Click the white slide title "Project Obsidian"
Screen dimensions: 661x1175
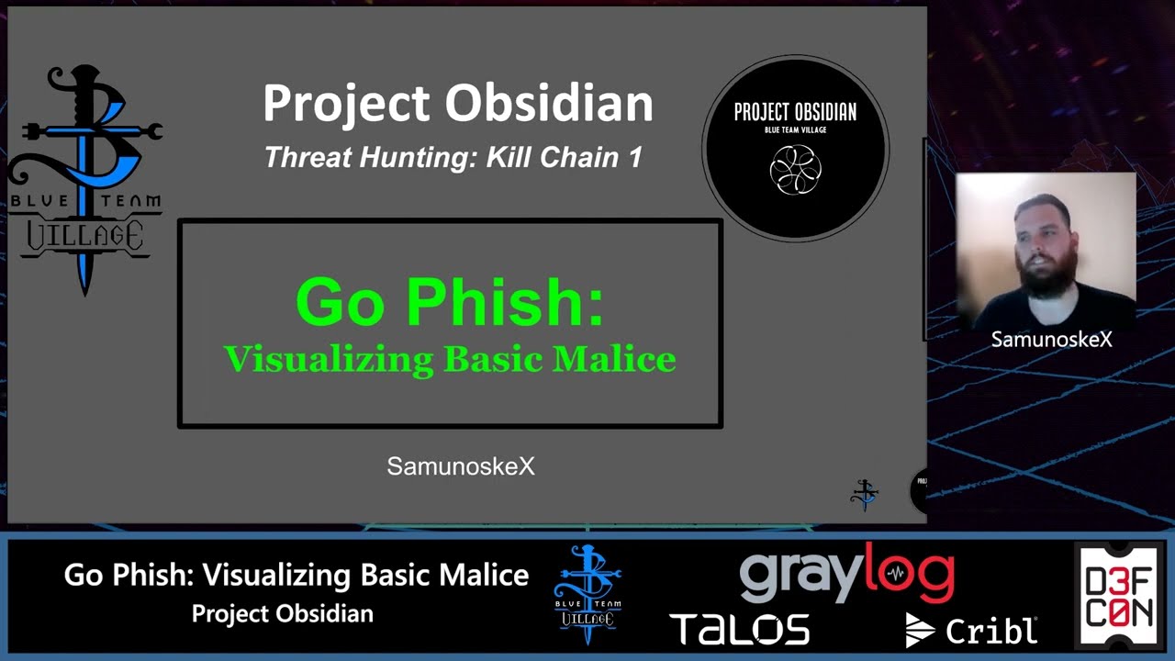click(x=457, y=103)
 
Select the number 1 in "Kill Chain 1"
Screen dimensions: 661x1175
click(x=633, y=157)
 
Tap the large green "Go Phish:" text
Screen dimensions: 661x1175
click(x=449, y=302)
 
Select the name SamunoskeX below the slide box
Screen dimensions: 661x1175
click(x=460, y=466)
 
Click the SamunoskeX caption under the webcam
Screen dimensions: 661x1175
click(x=1051, y=340)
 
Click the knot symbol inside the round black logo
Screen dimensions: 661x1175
click(x=795, y=170)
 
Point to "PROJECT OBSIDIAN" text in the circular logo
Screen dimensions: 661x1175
click(x=795, y=112)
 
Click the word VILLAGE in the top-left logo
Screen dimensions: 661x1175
click(x=84, y=236)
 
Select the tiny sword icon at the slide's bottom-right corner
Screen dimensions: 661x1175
click(x=864, y=494)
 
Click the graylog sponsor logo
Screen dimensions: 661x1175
click(x=846, y=574)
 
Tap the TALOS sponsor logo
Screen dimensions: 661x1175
click(x=740, y=630)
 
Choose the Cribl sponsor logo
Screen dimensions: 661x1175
click(x=971, y=630)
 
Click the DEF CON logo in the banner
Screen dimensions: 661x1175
click(x=1119, y=597)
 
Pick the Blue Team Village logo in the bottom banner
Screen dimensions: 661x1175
click(x=587, y=595)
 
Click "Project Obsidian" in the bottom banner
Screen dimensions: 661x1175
click(x=282, y=614)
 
